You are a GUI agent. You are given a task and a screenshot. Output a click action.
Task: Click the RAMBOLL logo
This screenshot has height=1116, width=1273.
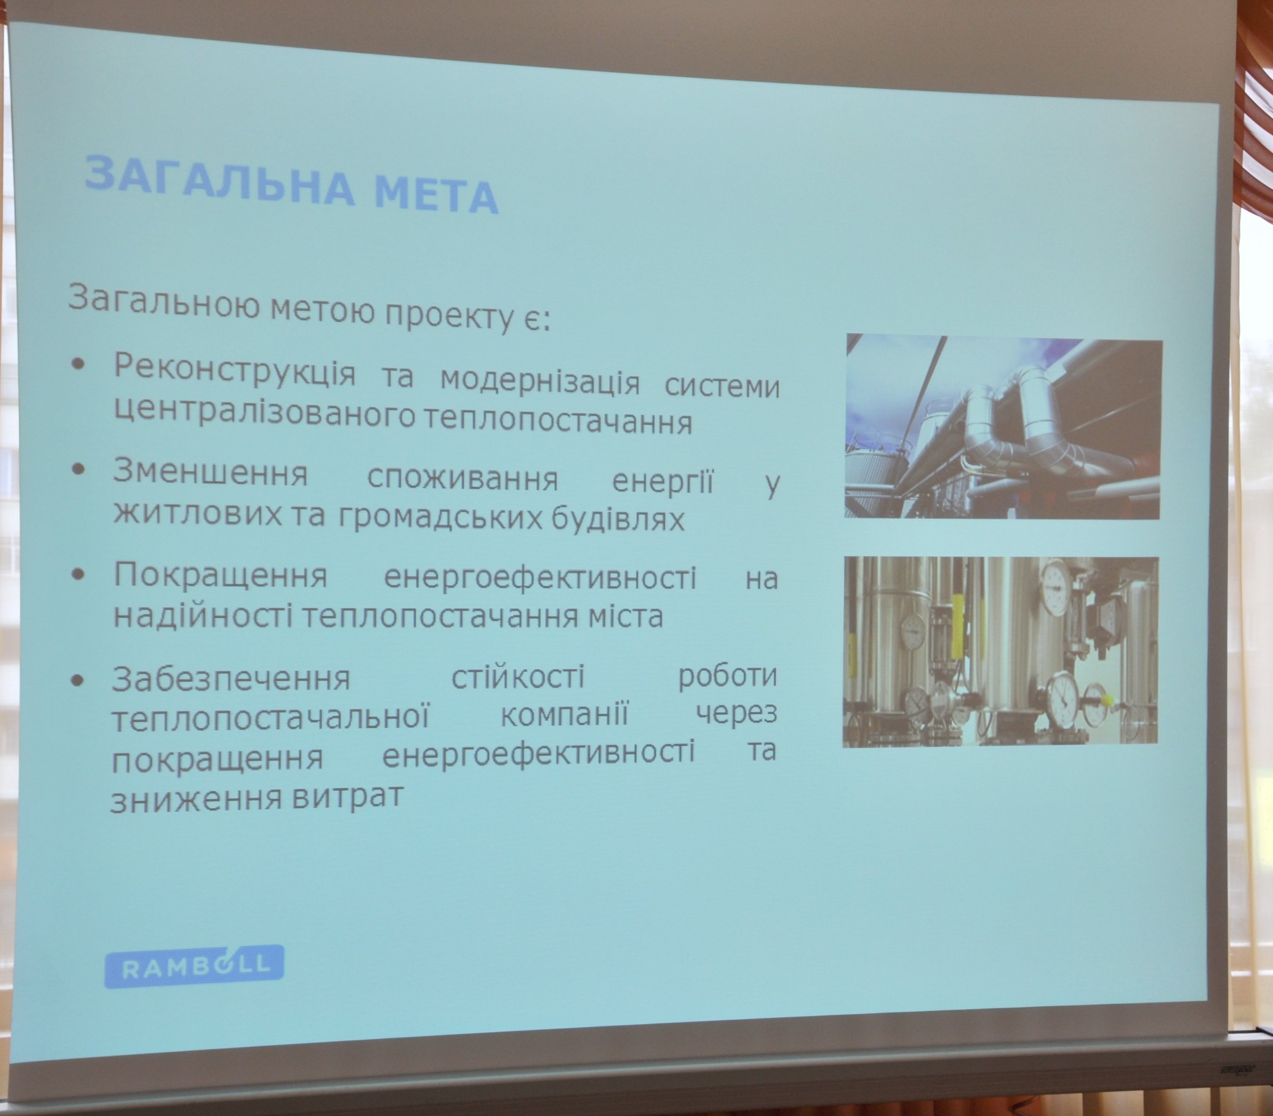tap(194, 967)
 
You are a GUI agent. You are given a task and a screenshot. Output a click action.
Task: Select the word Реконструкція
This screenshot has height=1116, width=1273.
tap(235, 368)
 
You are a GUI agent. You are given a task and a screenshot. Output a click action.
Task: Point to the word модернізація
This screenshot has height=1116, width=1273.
tap(540, 380)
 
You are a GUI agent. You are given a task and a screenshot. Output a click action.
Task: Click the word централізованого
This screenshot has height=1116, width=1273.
tap(264, 411)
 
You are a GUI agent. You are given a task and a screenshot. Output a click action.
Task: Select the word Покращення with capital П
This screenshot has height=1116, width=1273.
tap(220, 574)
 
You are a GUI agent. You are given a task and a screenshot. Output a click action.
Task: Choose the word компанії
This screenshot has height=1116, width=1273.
tap(565, 714)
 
